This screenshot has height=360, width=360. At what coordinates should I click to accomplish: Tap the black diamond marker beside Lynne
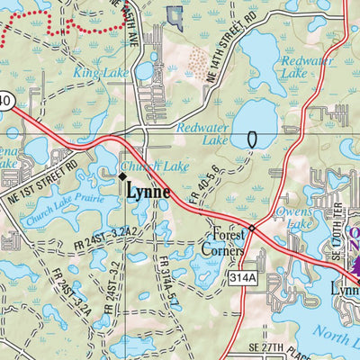123,177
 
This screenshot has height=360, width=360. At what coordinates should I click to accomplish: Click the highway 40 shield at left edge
6,103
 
